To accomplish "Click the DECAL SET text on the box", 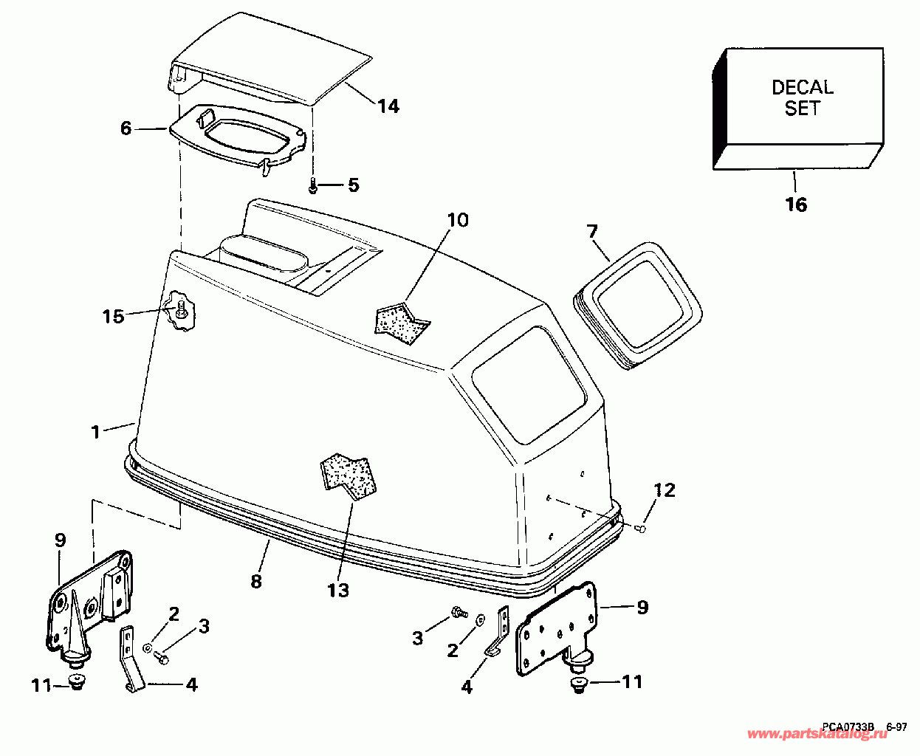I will point(802,97).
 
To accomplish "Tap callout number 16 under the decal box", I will point(796,205).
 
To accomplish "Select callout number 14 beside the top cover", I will point(388,107).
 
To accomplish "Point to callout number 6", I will point(126,128).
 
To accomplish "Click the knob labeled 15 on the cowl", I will point(179,313).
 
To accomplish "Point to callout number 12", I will point(665,489).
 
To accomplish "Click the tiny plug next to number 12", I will point(642,527).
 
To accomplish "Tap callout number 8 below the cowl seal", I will point(256,581).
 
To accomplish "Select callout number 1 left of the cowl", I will point(95,432).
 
